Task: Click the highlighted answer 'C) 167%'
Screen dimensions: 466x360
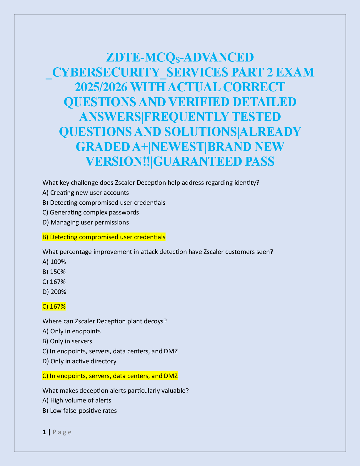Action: point(54,307)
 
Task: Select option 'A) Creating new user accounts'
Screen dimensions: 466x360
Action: point(86,193)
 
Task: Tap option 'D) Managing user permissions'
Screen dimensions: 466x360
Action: point(86,222)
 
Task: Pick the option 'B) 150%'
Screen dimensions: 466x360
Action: point(54,272)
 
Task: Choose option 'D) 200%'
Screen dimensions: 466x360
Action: point(54,292)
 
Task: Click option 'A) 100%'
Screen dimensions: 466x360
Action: point(54,262)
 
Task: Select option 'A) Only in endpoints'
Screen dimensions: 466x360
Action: point(71,331)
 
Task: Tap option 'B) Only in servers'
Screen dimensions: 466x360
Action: point(67,341)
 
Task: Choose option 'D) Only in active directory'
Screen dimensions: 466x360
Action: point(79,361)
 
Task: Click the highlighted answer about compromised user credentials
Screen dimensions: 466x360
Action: point(104,237)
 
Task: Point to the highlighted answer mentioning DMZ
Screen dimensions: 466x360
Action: point(110,376)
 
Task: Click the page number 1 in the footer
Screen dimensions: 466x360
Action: point(44,432)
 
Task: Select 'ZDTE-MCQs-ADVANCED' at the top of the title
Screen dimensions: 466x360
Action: point(180,57)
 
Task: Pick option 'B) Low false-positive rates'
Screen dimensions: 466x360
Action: point(79,411)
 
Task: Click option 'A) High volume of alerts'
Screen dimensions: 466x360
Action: point(77,400)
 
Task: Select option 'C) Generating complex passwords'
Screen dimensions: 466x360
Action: point(91,212)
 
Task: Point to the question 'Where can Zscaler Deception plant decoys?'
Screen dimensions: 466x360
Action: point(104,321)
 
